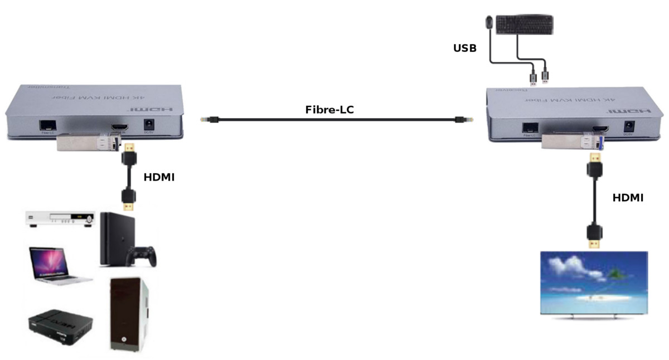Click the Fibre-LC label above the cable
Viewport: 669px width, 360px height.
pos(329,110)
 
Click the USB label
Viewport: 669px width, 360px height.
pos(464,48)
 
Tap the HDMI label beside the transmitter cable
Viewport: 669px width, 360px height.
pos(159,177)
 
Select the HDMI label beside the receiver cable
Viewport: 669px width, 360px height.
pos(628,197)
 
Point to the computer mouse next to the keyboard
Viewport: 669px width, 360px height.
pos(489,21)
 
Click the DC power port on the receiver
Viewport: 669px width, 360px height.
pos(628,127)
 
